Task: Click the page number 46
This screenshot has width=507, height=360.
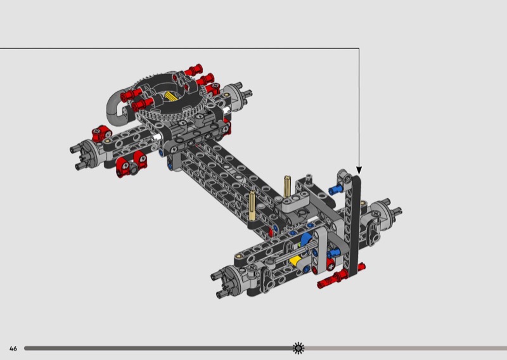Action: click(x=13, y=349)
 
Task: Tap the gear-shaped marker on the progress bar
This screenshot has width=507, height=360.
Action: click(x=298, y=348)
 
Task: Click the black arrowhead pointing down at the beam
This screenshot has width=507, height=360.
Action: click(x=359, y=170)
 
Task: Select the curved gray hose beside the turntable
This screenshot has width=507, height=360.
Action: click(x=115, y=108)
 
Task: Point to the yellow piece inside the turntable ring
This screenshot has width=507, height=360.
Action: click(x=170, y=96)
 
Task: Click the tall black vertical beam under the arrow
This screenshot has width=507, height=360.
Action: click(x=355, y=226)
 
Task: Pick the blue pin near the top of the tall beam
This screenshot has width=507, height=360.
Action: click(x=335, y=190)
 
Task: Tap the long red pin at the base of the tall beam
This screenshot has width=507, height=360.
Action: click(x=340, y=276)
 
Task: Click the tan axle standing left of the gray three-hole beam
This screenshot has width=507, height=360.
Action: click(x=252, y=206)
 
